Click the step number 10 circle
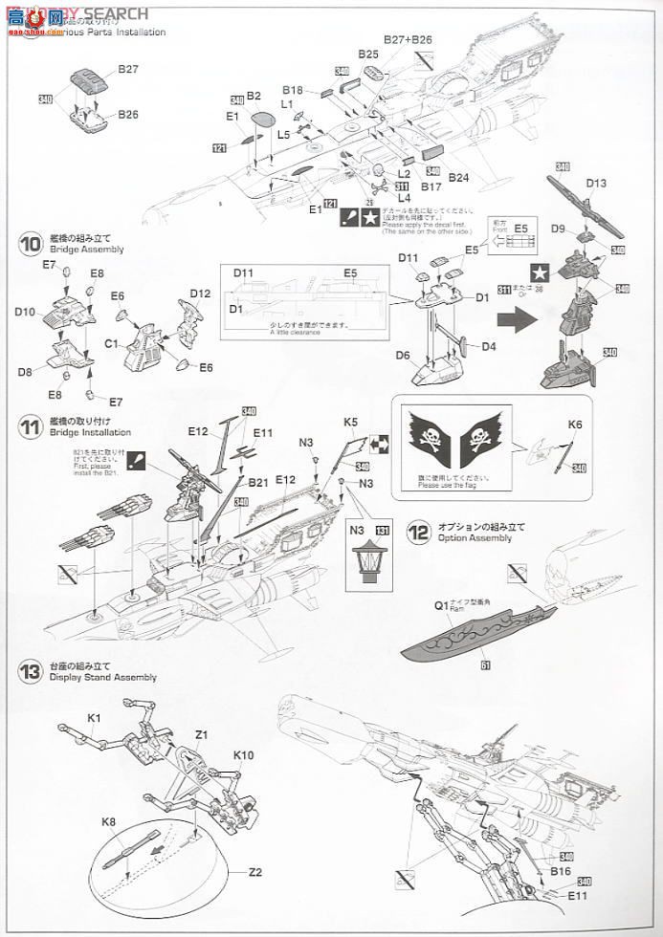click(x=30, y=244)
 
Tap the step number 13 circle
click(x=30, y=671)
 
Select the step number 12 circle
click(x=418, y=532)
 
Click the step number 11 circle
click(x=30, y=426)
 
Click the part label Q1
click(x=442, y=605)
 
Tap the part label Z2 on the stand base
click(x=254, y=871)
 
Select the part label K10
click(x=243, y=755)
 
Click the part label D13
click(x=596, y=183)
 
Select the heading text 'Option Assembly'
click(x=475, y=538)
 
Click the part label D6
click(x=403, y=356)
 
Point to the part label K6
click(x=574, y=424)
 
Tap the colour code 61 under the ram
click(x=485, y=665)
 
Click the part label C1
click(x=111, y=340)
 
